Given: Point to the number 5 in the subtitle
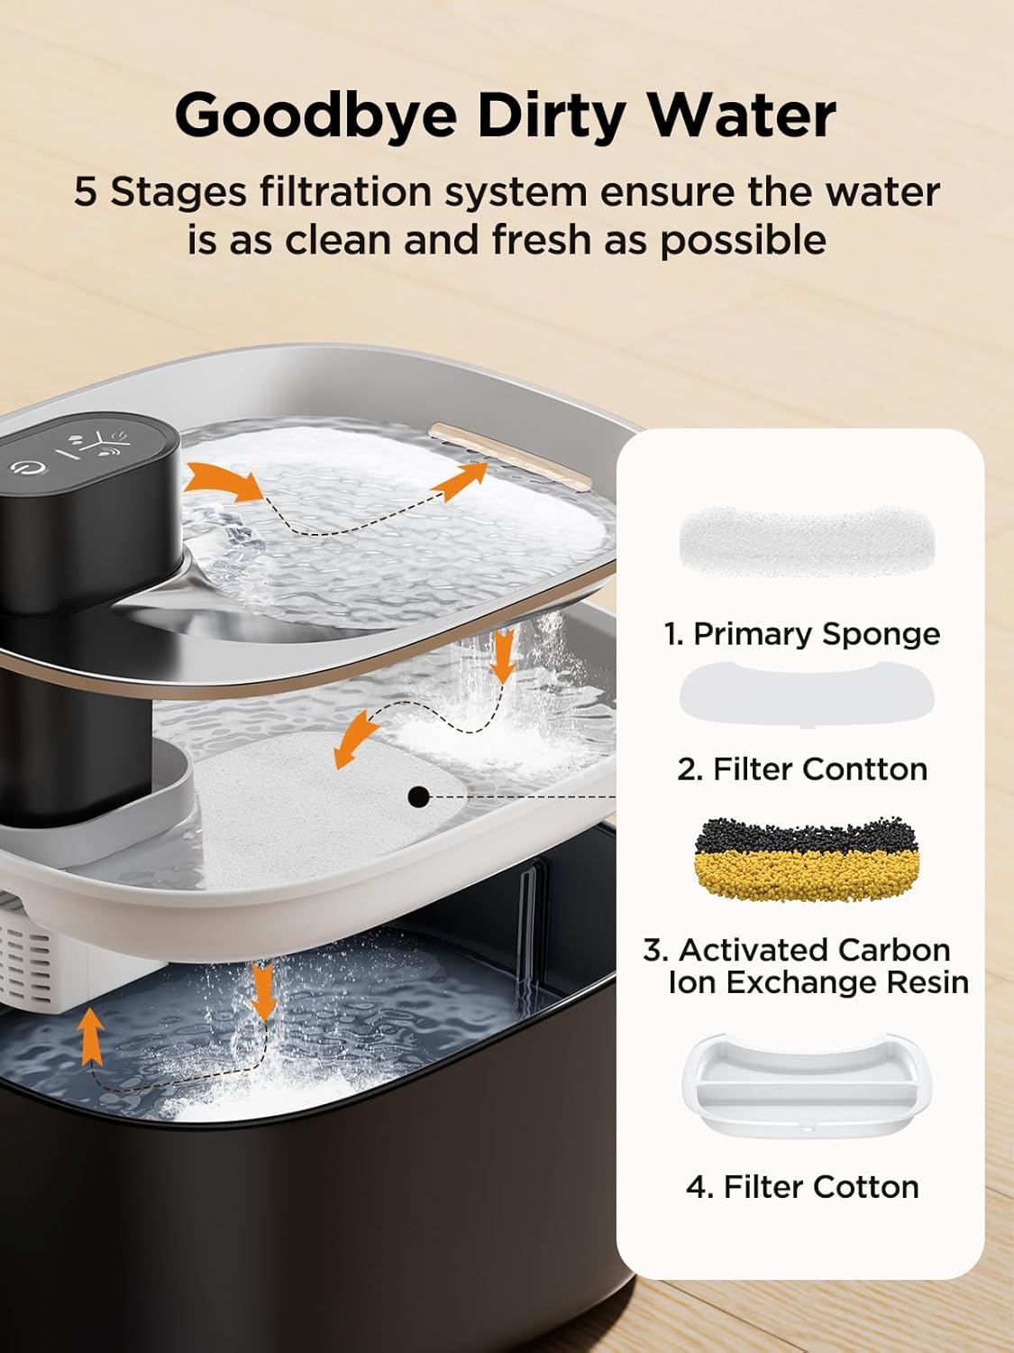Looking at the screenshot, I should coord(85,192).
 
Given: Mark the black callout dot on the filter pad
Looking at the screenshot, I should coord(417,796).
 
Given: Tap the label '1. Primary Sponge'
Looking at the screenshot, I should coord(802,634).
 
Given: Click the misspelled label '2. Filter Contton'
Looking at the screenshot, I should coord(802,769).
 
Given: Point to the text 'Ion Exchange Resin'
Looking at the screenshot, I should coord(818,981).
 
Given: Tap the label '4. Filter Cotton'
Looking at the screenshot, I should coord(802,1186).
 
